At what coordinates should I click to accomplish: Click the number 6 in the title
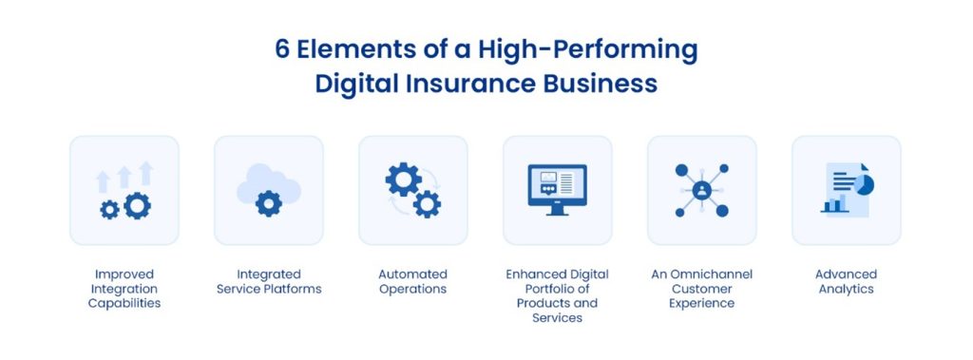283,49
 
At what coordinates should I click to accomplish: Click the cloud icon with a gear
268,189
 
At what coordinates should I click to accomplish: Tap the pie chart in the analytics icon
864,183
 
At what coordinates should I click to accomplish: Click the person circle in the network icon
701,190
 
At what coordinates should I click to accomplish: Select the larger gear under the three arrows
137,205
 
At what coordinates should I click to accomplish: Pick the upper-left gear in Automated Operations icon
402,179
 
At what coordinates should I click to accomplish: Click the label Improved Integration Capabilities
124,289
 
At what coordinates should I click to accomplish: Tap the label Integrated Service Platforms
268,281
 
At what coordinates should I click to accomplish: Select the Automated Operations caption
412,281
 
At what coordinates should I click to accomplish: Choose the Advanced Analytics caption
846,281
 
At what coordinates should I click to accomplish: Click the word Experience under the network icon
701,303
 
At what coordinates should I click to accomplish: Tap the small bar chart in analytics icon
835,204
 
